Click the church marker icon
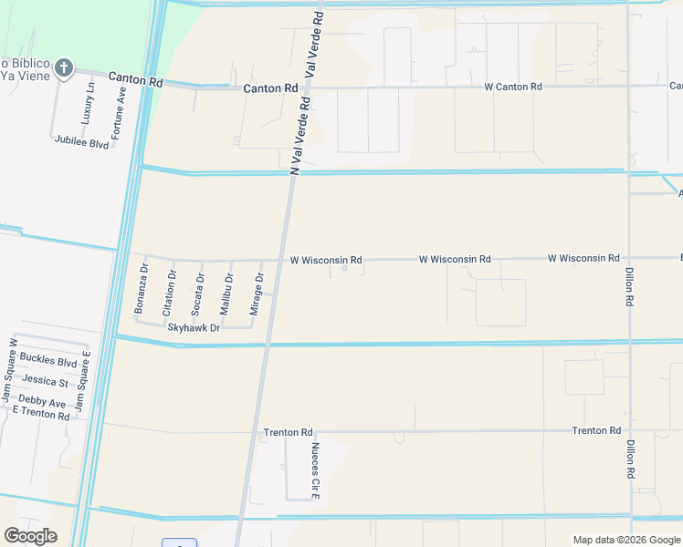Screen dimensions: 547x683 pyautogui.click(x=63, y=67)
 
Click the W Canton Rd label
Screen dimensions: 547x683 pyautogui.click(x=513, y=87)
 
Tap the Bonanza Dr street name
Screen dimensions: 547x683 pyautogui.click(x=141, y=289)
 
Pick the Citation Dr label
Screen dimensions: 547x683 pyautogui.click(x=169, y=293)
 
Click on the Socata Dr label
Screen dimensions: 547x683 pyautogui.click(x=197, y=294)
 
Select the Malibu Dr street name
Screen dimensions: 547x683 pyautogui.click(x=226, y=294)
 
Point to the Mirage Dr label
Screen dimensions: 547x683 pyautogui.click(x=258, y=291)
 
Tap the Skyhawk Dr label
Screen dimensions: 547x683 pyautogui.click(x=194, y=327)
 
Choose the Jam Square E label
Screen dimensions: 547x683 pyautogui.click(x=82, y=380)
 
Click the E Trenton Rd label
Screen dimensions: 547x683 pyautogui.click(x=40, y=416)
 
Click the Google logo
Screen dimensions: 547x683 pyautogui.click(x=30, y=536)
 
